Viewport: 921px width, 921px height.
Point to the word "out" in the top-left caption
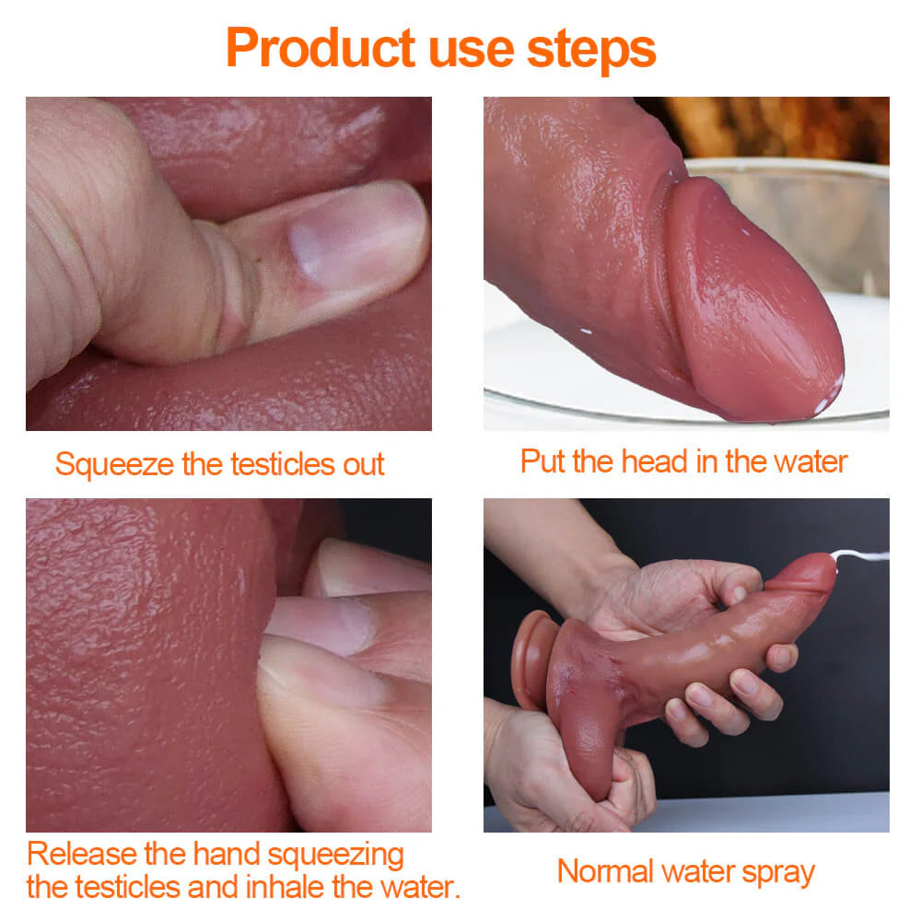pyautogui.click(x=363, y=464)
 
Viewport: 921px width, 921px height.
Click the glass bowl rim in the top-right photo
pyautogui.click(x=783, y=167)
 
